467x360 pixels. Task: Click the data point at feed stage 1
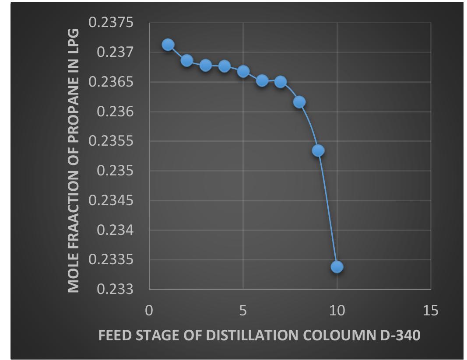coord(168,45)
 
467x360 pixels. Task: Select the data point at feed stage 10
coord(337,267)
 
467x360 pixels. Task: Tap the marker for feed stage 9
coord(318,150)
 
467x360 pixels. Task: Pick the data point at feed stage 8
coord(299,102)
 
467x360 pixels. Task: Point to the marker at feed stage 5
coord(243,71)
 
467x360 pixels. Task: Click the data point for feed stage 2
coord(187,60)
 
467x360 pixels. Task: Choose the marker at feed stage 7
coord(281,82)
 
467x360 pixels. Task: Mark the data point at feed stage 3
coord(206,65)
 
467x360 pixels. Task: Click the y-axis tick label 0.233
coord(115,290)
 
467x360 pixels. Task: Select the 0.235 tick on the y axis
coord(115,171)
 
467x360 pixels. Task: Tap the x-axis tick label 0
coord(149,311)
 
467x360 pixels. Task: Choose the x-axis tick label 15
coord(431,311)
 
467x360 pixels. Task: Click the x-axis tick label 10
coord(337,311)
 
